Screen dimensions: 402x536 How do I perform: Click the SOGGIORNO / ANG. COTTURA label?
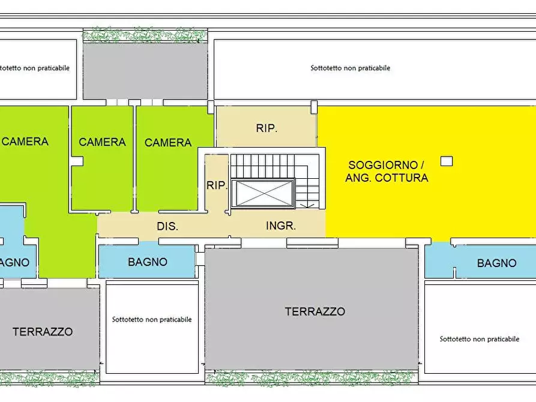point(387,171)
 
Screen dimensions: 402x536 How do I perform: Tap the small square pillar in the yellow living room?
point(446,161)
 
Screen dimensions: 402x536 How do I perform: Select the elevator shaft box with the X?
point(264,193)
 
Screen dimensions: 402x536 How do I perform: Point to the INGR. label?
point(281,226)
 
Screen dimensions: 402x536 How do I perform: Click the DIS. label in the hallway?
point(167,227)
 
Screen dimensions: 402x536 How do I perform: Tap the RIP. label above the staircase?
point(266,128)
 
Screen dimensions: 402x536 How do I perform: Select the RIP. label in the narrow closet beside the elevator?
point(217,185)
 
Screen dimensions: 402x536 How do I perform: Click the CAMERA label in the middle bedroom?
point(102,142)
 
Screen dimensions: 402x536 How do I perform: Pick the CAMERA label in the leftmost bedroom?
point(25,142)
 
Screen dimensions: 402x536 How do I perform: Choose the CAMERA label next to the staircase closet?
point(168,143)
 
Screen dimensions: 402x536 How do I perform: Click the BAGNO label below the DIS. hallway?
point(148,262)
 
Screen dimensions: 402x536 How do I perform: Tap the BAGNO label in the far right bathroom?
point(496,263)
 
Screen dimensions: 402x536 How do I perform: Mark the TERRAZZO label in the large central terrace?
point(315,311)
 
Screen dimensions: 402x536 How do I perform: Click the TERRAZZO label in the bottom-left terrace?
point(43,331)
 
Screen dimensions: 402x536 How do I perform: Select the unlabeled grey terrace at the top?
point(145,71)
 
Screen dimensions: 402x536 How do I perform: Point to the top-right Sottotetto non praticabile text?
point(350,68)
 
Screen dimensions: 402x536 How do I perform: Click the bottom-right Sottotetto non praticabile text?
point(479,339)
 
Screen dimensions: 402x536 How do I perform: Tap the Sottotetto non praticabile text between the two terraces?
point(152,319)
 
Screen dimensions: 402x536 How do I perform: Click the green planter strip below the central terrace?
point(311,377)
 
